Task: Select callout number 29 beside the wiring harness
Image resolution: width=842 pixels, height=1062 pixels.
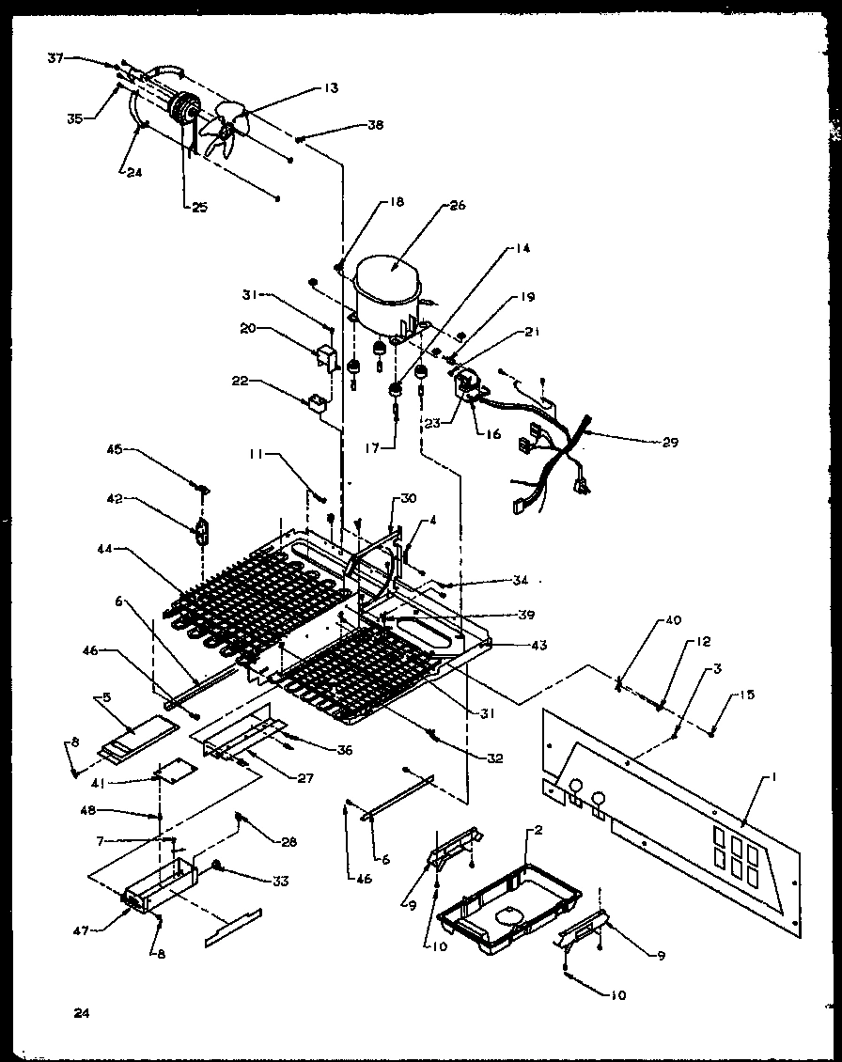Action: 668,441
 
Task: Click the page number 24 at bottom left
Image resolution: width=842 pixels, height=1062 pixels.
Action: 83,1012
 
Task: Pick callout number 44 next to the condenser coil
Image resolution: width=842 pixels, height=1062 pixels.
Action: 104,546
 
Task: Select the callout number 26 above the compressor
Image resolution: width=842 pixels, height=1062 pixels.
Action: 458,205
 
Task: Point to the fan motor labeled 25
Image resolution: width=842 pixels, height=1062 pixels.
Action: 187,113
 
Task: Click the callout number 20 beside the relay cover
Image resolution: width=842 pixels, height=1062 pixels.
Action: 247,329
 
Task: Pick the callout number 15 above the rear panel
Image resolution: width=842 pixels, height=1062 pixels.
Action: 746,695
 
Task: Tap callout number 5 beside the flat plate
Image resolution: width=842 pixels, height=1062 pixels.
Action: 107,697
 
